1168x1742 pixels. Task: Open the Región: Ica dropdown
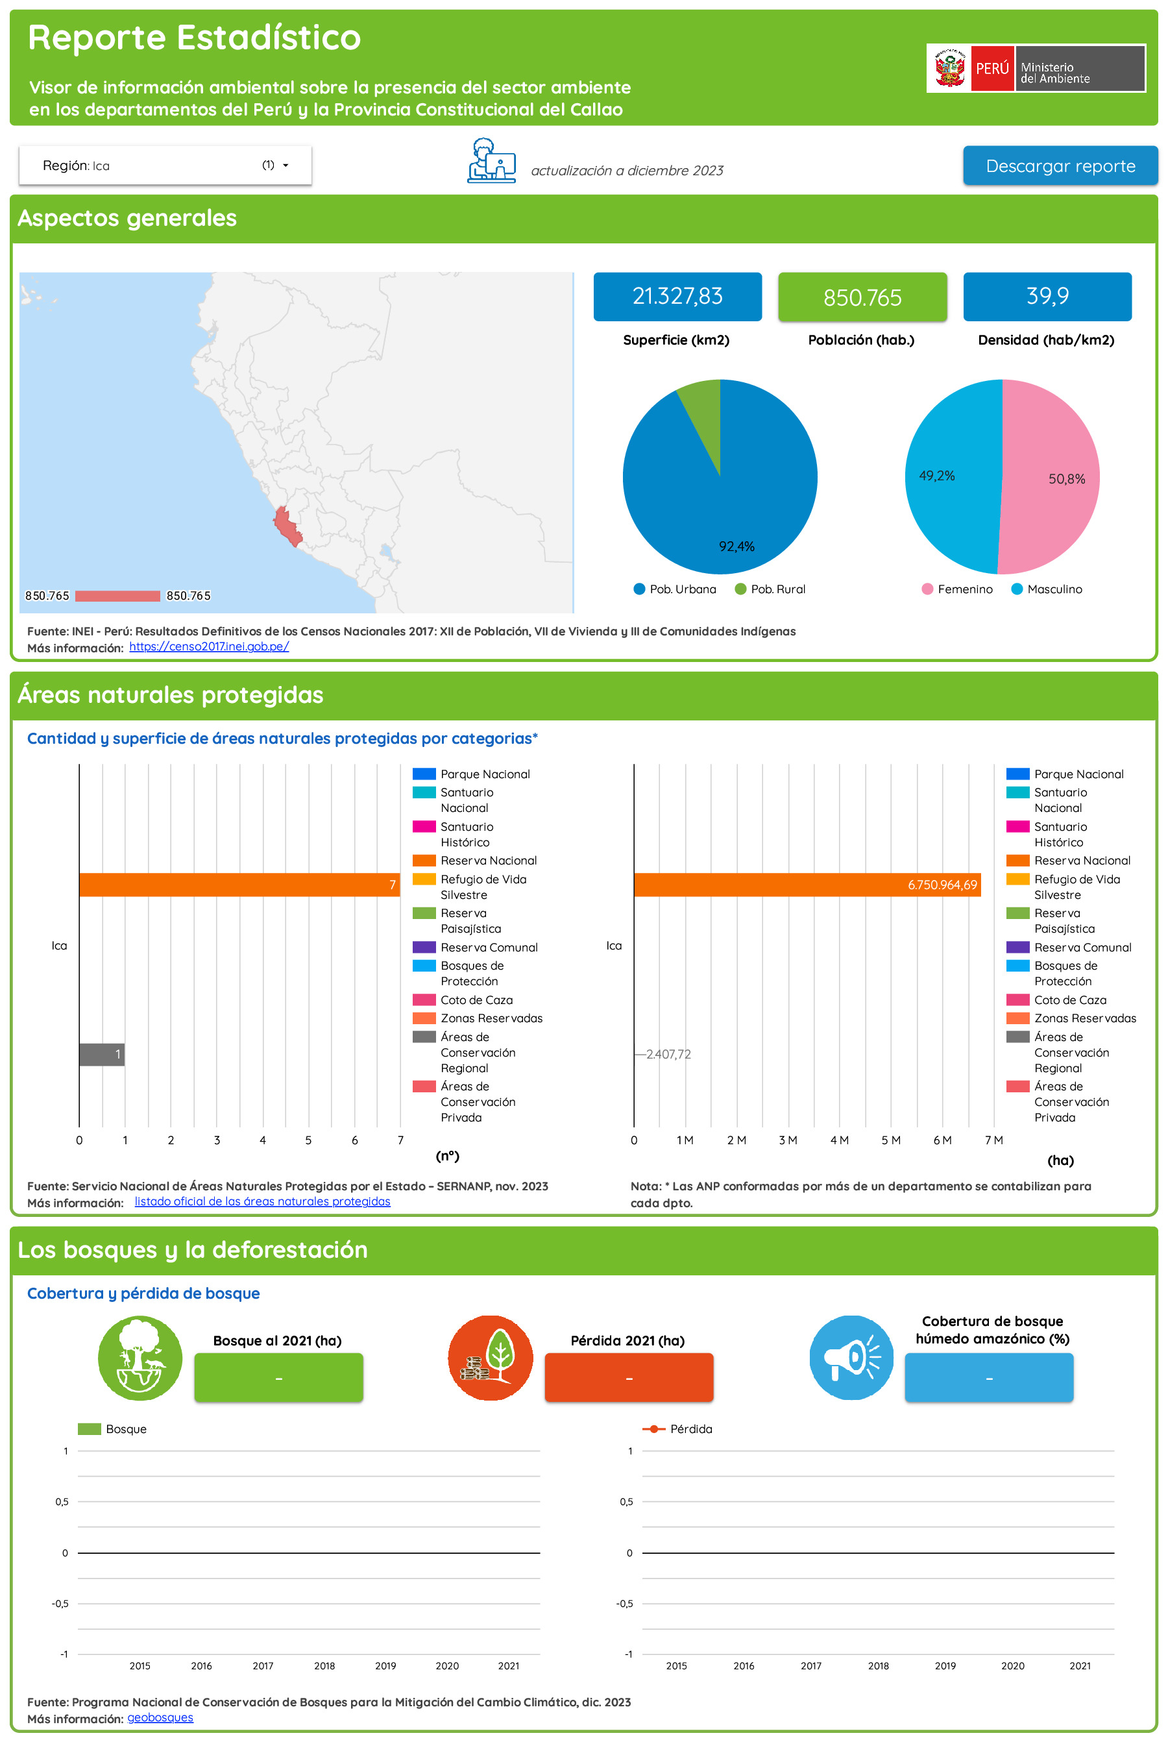click(165, 166)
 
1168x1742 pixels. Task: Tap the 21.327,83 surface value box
click(677, 297)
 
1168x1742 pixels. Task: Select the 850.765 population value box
click(862, 297)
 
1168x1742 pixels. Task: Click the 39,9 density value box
click(1047, 297)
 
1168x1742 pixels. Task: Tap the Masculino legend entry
click(1046, 589)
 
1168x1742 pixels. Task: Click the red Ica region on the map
click(286, 526)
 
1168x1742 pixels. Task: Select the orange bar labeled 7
click(238, 885)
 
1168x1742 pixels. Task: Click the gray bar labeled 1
click(101, 1054)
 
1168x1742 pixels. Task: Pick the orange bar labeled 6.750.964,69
click(806, 885)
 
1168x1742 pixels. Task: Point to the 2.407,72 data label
click(668, 1054)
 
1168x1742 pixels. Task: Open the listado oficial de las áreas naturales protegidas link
click(262, 1201)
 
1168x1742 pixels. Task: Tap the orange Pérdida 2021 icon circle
click(490, 1358)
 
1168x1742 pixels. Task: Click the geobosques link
click(160, 1717)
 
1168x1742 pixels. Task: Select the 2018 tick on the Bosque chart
click(324, 1665)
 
